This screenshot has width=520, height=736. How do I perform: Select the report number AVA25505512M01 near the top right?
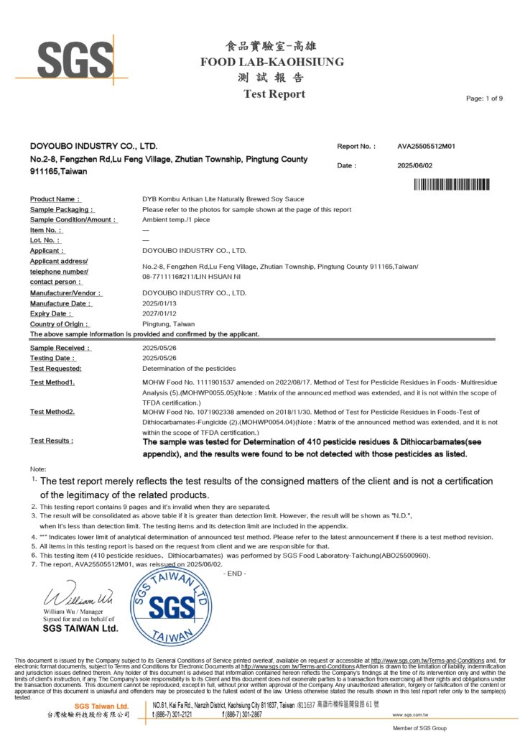tap(427, 147)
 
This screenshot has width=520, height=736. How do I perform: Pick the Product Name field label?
tap(55, 199)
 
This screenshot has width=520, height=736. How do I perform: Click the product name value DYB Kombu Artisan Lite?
tap(223, 199)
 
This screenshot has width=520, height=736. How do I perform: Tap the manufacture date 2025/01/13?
tap(159, 303)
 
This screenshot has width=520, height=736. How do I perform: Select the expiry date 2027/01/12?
tap(159, 314)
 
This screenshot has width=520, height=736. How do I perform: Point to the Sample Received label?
tap(60, 348)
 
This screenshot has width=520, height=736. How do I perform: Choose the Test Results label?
tap(52, 440)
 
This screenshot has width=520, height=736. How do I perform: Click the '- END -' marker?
tap(234, 573)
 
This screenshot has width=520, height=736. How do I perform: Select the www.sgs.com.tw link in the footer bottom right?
tap(410, 715)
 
